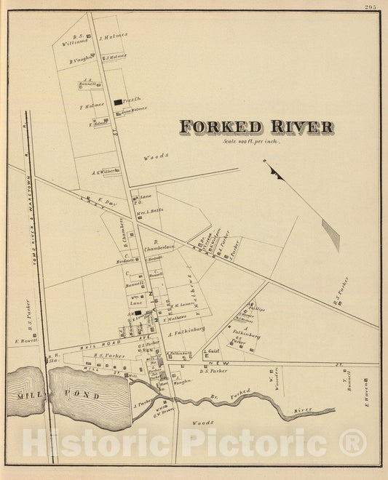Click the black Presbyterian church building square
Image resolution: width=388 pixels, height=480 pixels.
(x=117, y=103)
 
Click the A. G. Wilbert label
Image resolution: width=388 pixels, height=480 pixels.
(x=104, y=172)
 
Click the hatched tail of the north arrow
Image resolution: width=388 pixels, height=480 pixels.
(x=330, y=234)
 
